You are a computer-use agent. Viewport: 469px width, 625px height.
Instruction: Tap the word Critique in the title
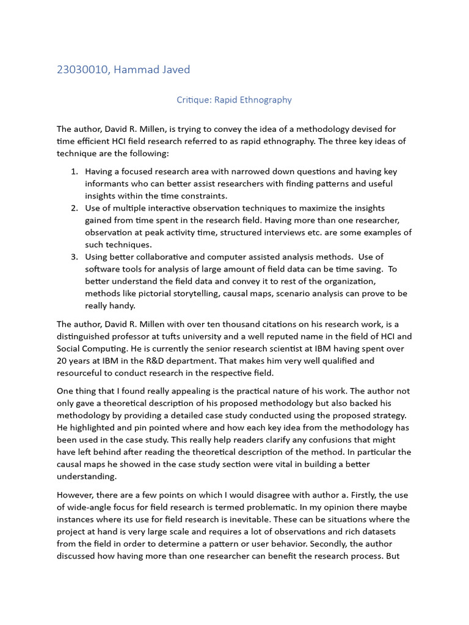coord(193,99)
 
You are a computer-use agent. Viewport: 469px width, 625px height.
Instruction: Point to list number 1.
coord(74,172)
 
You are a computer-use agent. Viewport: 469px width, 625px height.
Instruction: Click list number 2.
coord(74,208)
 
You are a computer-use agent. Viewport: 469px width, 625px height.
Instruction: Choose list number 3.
coord(74,257)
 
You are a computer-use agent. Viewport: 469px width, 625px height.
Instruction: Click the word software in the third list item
coord(102,269)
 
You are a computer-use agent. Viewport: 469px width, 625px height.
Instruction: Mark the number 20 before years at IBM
coord(62,361)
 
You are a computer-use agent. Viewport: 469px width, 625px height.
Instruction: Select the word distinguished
coord(85,336)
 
